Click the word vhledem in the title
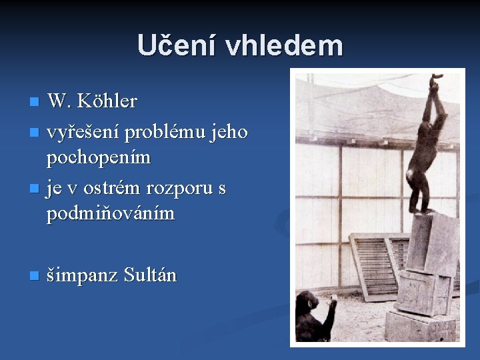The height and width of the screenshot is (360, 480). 284,45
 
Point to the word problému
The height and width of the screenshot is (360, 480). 171,133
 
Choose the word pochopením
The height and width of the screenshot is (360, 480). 99,158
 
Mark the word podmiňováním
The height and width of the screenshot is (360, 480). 111,214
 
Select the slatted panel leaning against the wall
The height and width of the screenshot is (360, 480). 373,263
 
